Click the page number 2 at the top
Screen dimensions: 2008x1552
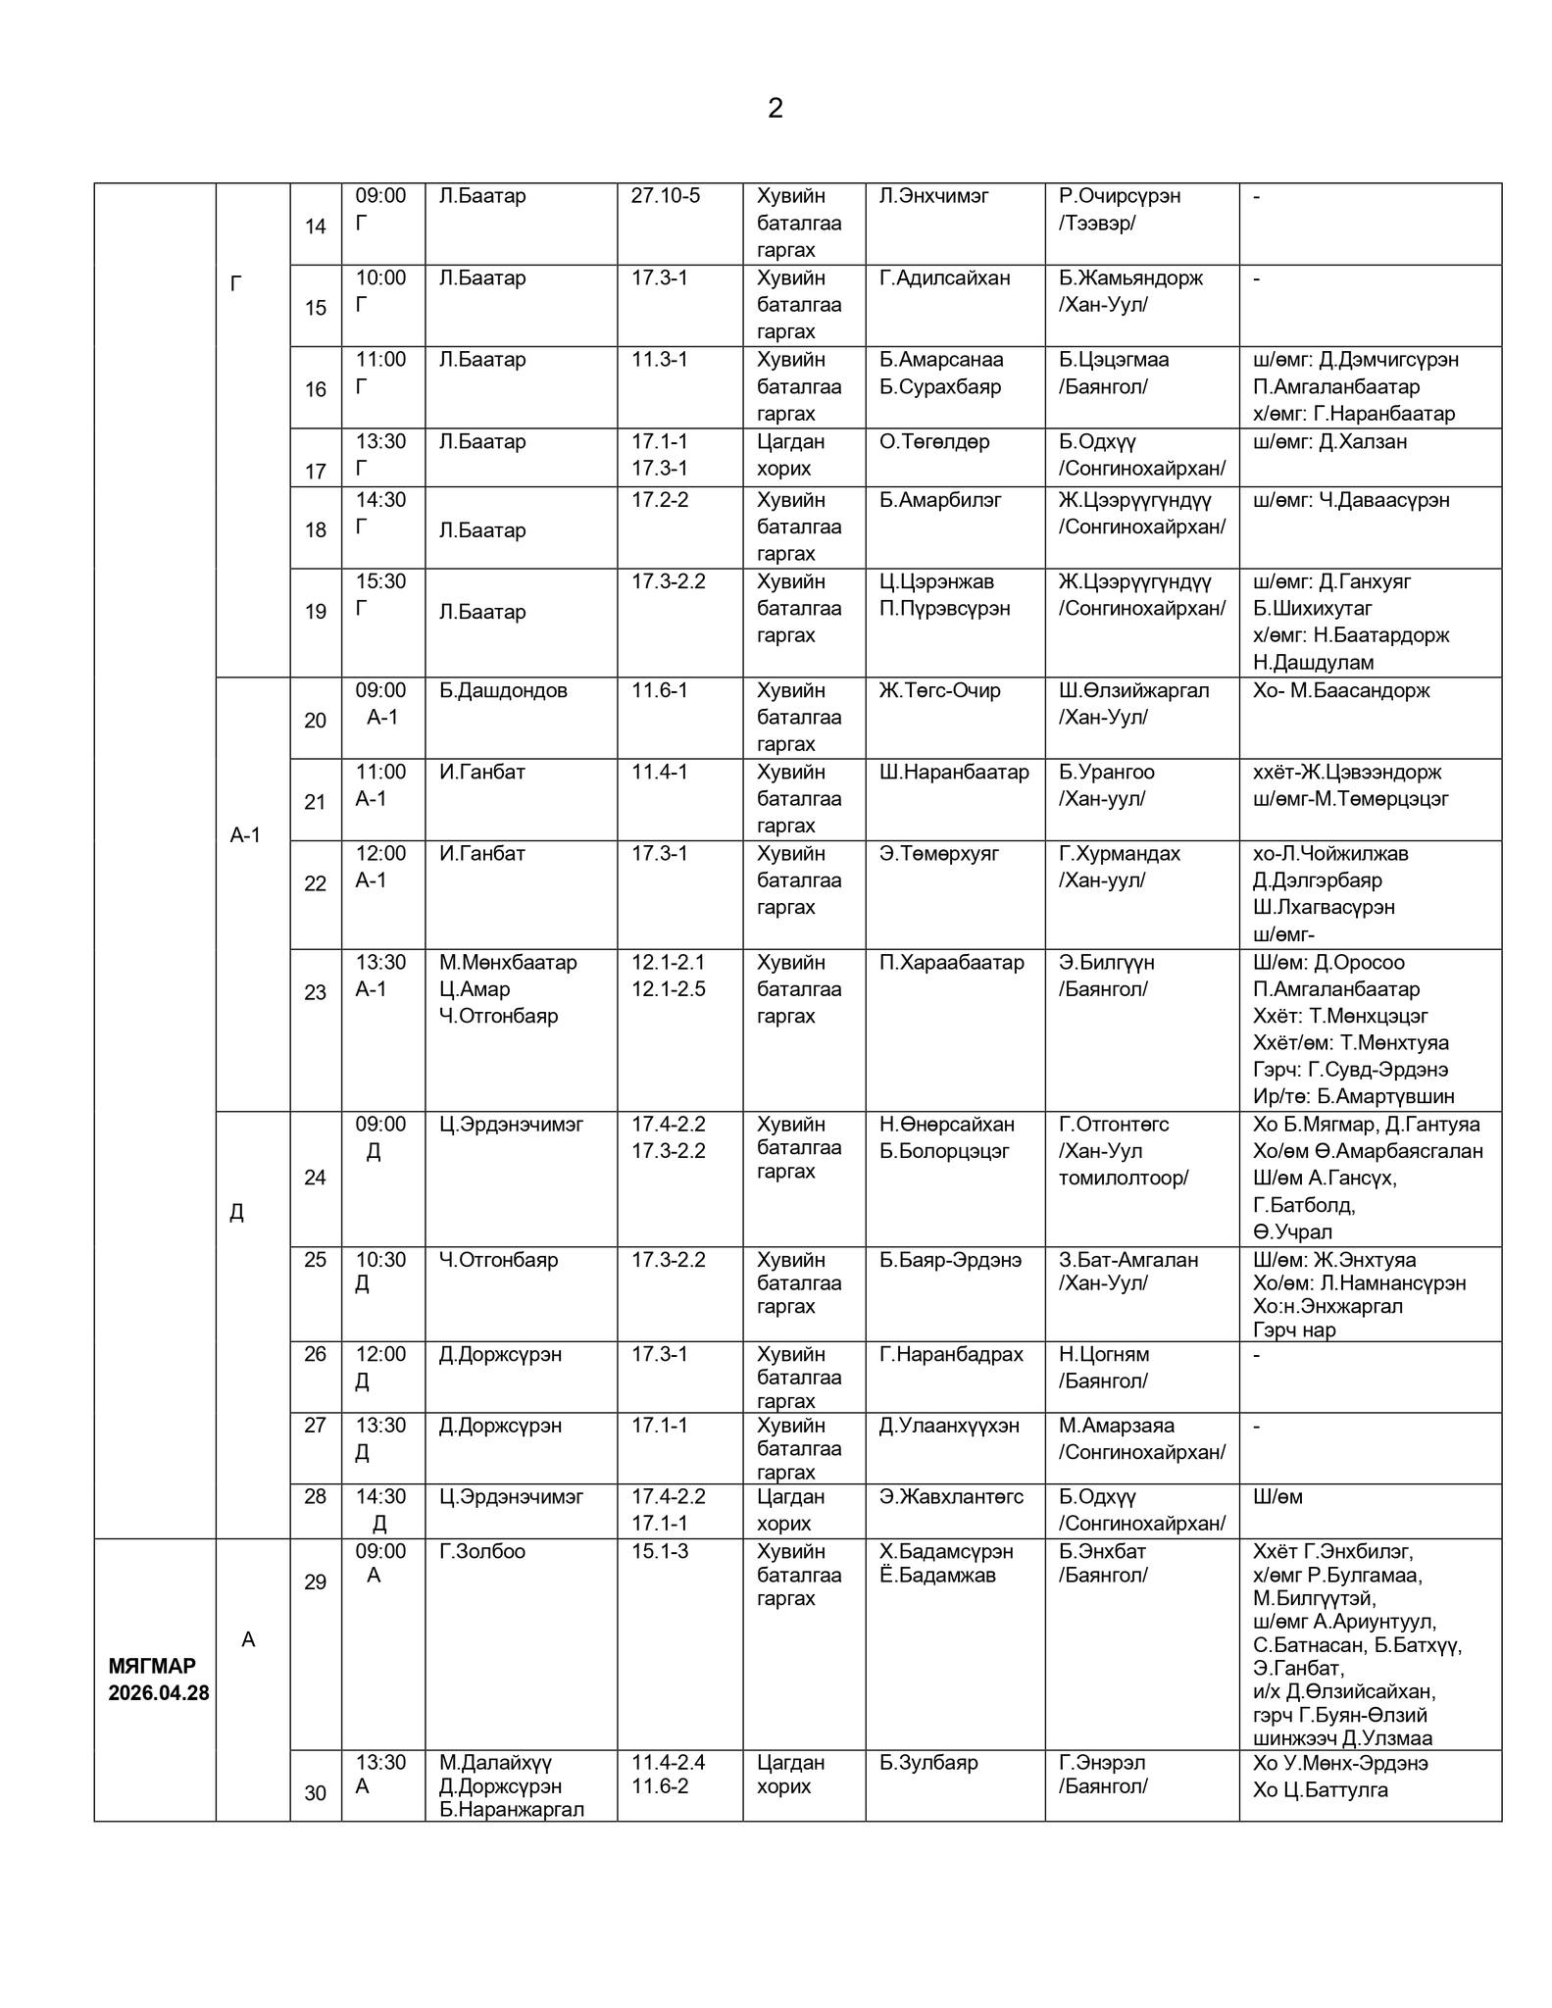pyautogui.click(x=775, y=109)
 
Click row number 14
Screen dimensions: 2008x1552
pyautogui.click(x=315, y=227)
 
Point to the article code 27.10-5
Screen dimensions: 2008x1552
pyautogui.click(x=665, y=196)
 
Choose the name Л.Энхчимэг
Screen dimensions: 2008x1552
pyautogui.click(x=933, y=196)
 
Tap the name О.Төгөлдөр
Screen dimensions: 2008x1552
pyautogui.click(x=934, y=442)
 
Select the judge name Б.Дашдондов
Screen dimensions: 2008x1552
pyautogui.click(x=503, y=691)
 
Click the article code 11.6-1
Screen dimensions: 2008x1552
pyautogui.click(x=659, y=691)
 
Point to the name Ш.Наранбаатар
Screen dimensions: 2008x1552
pyautogui.click(x=954, y=773)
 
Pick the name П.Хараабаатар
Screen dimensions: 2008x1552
pyautogui.click(x=951, y=963)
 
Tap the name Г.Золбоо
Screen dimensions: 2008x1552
pyautogui.click(x=481, y=1552)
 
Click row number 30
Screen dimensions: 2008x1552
pyautogui.click(x=315, y=1793)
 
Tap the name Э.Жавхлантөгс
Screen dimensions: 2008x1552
pyautogui.click(x=950, y=1497)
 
